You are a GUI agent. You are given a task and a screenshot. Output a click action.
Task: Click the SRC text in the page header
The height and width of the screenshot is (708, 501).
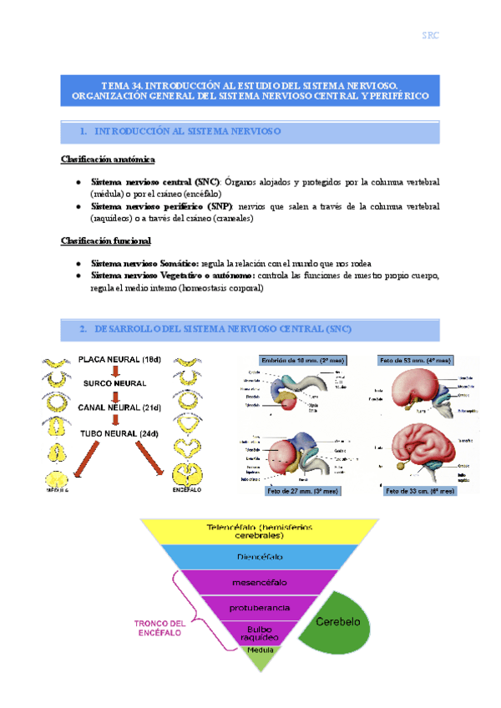430,35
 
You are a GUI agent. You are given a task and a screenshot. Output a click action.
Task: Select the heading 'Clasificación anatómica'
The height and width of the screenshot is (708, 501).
107,159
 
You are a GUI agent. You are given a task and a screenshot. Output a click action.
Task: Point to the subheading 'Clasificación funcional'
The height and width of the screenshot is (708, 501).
105,241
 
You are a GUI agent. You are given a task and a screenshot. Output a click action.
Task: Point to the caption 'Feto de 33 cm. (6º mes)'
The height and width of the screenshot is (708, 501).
419,492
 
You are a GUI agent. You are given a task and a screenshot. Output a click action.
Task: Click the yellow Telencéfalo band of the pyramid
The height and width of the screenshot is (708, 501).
251,531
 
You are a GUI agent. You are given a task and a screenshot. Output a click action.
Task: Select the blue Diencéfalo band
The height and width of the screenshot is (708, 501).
251,558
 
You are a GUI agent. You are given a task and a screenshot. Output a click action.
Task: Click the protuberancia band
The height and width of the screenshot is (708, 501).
250,608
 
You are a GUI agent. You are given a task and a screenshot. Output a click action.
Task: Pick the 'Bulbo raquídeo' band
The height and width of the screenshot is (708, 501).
250,632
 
